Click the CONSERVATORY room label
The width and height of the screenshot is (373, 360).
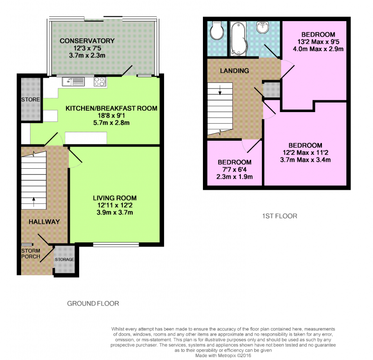87,41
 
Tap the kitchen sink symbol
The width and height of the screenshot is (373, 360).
73,82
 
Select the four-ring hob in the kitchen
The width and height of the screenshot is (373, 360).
100,82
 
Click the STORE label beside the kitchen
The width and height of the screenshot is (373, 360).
30,99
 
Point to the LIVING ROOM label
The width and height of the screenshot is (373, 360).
115,198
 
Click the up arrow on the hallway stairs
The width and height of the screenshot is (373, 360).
34,202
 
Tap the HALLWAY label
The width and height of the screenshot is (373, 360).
44,222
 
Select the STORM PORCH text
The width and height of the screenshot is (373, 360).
30,254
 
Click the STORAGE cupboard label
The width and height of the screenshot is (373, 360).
65,259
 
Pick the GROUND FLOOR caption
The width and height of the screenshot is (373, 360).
93,303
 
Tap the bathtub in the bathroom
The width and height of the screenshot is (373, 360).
239,39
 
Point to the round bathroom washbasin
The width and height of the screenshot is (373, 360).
262,26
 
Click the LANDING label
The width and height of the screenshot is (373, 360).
234,71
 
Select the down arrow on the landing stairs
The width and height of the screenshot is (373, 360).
220,90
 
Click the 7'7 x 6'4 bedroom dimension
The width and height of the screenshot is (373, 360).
234,170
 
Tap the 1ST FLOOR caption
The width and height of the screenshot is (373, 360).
280,216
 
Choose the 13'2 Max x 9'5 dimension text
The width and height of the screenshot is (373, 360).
318,42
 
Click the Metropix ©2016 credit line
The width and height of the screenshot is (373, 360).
223,356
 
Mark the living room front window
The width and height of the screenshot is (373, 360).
116,244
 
